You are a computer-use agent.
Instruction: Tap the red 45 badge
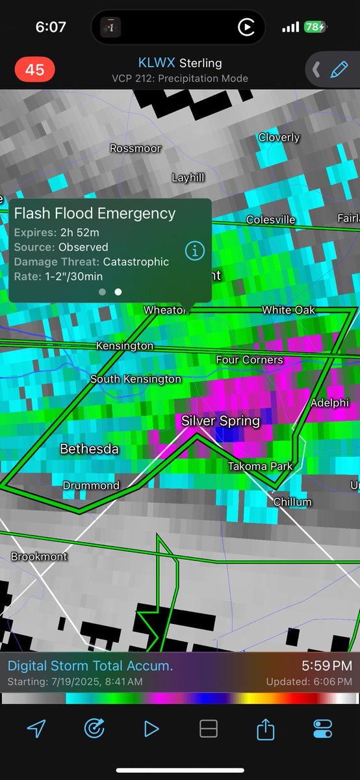tap(34, 70)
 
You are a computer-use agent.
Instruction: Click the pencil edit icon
tap(339, 69)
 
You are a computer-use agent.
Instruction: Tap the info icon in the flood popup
tap(195, 250)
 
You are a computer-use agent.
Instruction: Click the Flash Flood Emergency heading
tap(95, 213)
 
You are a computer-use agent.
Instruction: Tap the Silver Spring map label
tap(220, 421)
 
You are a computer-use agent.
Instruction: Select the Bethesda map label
tap(90, 448)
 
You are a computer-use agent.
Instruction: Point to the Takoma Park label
tap(260, 466)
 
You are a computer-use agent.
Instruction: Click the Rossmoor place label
tap(135, 148)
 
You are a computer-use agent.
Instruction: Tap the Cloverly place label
tap(279, 137)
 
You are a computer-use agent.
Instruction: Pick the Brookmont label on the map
tap(39, 556)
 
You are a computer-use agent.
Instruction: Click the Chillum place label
tap(292, 502)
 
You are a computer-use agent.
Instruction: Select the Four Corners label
tap(250, 359)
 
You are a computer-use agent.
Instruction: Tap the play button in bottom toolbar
tap(151, 729)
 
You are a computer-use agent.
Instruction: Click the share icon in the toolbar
tap(265, 729)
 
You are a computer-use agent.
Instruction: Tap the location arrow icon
tap(36, 729)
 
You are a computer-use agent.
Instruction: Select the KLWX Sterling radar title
tap(180, 63)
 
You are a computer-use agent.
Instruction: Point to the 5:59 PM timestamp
tap(327, 666)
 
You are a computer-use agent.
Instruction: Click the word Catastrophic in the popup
tap(136, 262)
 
